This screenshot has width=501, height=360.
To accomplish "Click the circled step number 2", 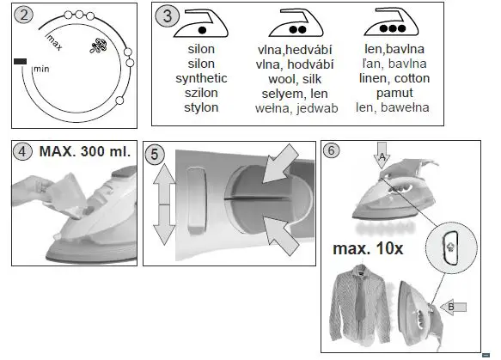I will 24,15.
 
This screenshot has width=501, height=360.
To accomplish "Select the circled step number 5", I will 155,155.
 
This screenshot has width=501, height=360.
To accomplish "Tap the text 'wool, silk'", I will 295,78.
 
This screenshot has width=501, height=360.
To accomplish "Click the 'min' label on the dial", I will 40,69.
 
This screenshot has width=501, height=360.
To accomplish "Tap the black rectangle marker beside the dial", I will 21,61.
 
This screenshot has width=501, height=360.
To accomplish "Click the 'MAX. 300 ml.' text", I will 84,152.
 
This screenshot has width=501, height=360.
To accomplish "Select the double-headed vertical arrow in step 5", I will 163,206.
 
